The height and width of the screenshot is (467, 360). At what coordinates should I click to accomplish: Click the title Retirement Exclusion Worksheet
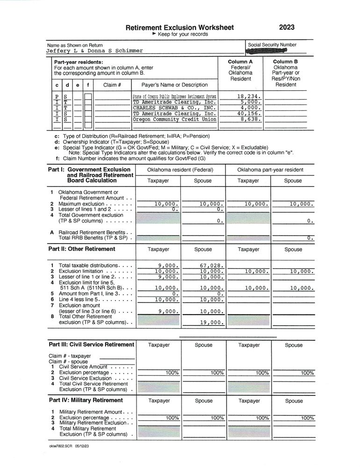click(x=180, y=28)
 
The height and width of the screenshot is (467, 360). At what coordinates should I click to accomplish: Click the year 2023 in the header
click(x=286, y=28)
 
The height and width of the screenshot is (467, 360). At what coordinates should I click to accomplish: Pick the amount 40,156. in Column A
click(x=246, y=113)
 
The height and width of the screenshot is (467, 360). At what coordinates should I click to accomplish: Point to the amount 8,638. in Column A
click(x=248, y=119)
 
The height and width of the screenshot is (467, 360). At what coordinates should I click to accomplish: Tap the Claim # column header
click(x=112, y=85)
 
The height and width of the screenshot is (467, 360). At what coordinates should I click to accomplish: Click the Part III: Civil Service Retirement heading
click(x=91, y=345)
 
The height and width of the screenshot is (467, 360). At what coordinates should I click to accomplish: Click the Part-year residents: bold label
click(x=79, y=62)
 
